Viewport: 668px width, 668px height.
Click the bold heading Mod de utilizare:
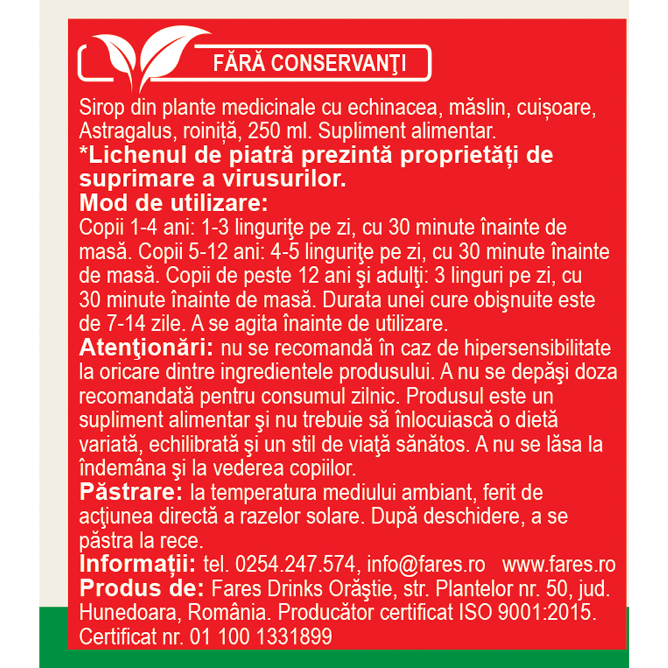pyautogui.click(x=174, y=202)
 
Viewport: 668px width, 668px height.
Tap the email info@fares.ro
pyautogui.click(x=423, y=564)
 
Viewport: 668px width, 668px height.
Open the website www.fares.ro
pyautogui.click(x=558, y=564)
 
